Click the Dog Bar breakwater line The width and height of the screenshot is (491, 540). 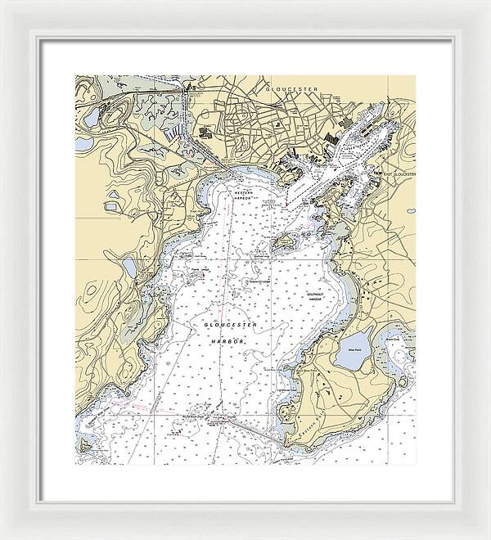pyautogui.click(x=245, y=428)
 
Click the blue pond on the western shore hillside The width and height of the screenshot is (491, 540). pyautogui.click(x=129, y=267)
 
